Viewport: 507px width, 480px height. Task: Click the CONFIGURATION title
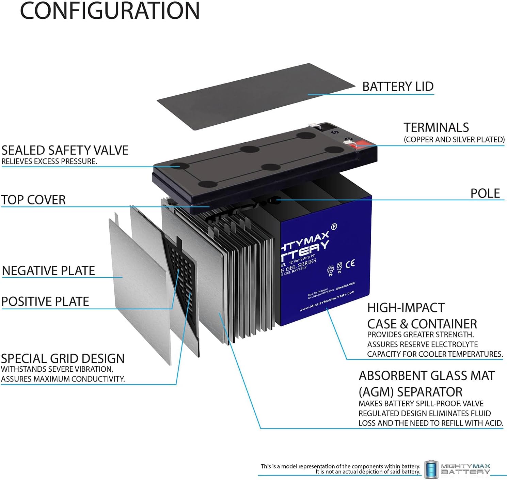(x=110, y=11)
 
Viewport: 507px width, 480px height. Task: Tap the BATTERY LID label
(x=398, y=87)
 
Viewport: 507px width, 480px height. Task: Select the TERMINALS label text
(x=436, y=127)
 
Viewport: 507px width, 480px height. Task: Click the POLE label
(x=485, y=193)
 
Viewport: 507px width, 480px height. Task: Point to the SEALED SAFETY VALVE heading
(x=65, y=150)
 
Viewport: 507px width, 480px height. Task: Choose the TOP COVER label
(x=33, y=200)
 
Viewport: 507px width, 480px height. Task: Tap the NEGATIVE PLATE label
(x=48, y=271)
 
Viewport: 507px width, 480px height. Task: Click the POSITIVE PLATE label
(x=45, y=301)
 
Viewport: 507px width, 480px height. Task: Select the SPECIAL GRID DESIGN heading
(x=63, y=358)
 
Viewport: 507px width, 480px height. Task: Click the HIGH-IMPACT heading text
(x=406, y=308)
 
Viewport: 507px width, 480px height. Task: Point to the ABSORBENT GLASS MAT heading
(x=426, y=375)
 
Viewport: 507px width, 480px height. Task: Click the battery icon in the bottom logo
(x=431, y=469)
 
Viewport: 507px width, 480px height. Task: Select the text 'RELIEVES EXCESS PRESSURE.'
(x=49, y=161)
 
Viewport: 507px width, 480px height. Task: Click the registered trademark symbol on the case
(x=334, y=227)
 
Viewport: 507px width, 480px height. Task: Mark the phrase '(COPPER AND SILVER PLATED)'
(x=454, y=139)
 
